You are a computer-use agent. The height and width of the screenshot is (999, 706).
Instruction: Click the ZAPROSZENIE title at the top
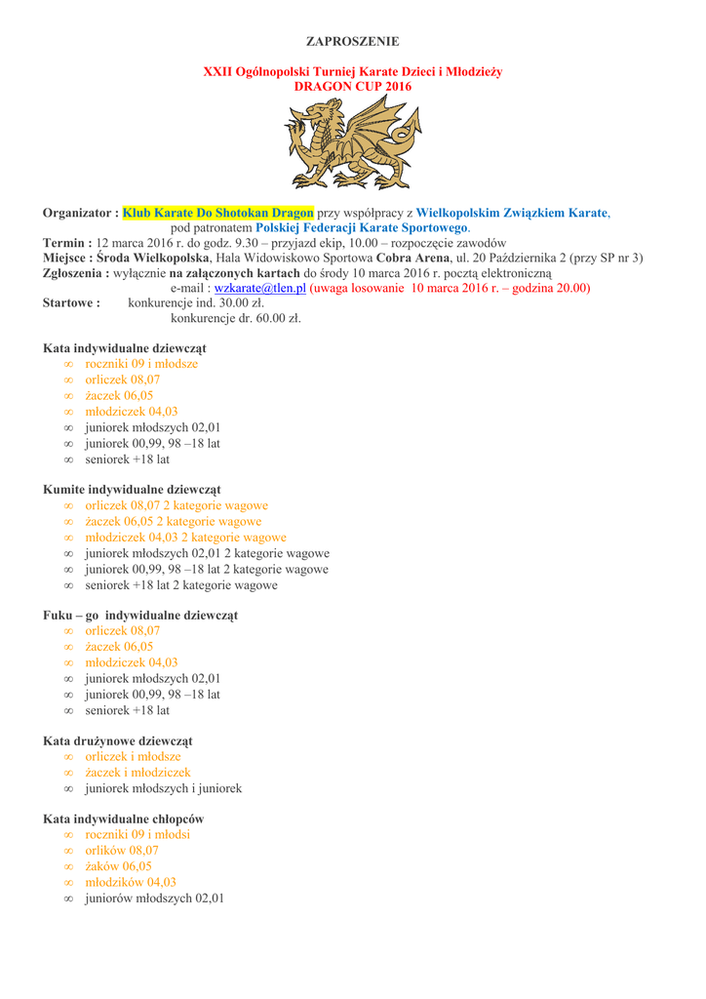tap(352, 41)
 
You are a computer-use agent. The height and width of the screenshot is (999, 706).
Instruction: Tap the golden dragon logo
tap(352, 143)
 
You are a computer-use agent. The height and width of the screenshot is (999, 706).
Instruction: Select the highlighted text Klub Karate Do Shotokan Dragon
tap(218, 212)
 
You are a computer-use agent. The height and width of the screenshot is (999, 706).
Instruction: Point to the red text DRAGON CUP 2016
tap(352, 87)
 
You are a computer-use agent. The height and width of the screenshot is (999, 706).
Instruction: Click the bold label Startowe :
tap(71, 303)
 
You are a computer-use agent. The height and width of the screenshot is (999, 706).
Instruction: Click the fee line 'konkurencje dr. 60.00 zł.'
tap(235, 318)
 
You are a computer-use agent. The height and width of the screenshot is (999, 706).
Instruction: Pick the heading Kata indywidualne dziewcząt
tap(124, 348)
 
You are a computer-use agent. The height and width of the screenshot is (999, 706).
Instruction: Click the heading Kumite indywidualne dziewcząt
tap(132, 489)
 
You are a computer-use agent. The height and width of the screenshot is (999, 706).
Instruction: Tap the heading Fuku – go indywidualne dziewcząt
tap(140, 616)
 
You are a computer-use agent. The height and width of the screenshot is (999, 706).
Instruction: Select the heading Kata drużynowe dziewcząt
tap(117, 741)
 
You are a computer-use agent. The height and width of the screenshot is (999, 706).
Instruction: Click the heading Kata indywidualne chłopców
tap(123, 819)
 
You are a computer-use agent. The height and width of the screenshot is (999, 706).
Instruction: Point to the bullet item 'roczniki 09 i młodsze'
tap(141, 364)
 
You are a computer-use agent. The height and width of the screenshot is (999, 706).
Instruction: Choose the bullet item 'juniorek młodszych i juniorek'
tap(163, 788)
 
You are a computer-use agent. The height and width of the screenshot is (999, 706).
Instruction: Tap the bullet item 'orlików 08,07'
tap(122, 851)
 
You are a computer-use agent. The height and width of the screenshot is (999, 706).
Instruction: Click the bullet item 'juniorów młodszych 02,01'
tap(154, 899)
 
